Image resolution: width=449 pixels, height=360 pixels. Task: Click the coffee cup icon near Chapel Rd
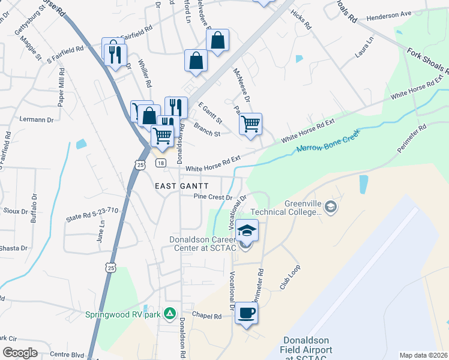[x=247, y=313]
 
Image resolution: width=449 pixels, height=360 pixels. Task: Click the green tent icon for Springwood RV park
[x=170, y=313]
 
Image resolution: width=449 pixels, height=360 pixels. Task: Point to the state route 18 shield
[x=160, y=163]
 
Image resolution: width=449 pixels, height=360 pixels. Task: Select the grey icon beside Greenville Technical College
[x=330, y=208]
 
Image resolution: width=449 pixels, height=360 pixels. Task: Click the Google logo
[x=20, y=352]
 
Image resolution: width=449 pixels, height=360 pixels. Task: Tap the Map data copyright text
[x=423, y=355]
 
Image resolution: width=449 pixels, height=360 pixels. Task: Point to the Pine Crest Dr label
[x=212, y=197]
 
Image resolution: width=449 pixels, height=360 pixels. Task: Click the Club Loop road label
[x=289, y=279]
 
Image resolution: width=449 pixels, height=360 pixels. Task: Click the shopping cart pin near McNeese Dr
[x=250, y=124]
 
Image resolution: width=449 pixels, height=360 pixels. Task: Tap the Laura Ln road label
[x=364, y=47]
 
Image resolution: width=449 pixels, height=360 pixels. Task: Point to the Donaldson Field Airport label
[x=307, y=350]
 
